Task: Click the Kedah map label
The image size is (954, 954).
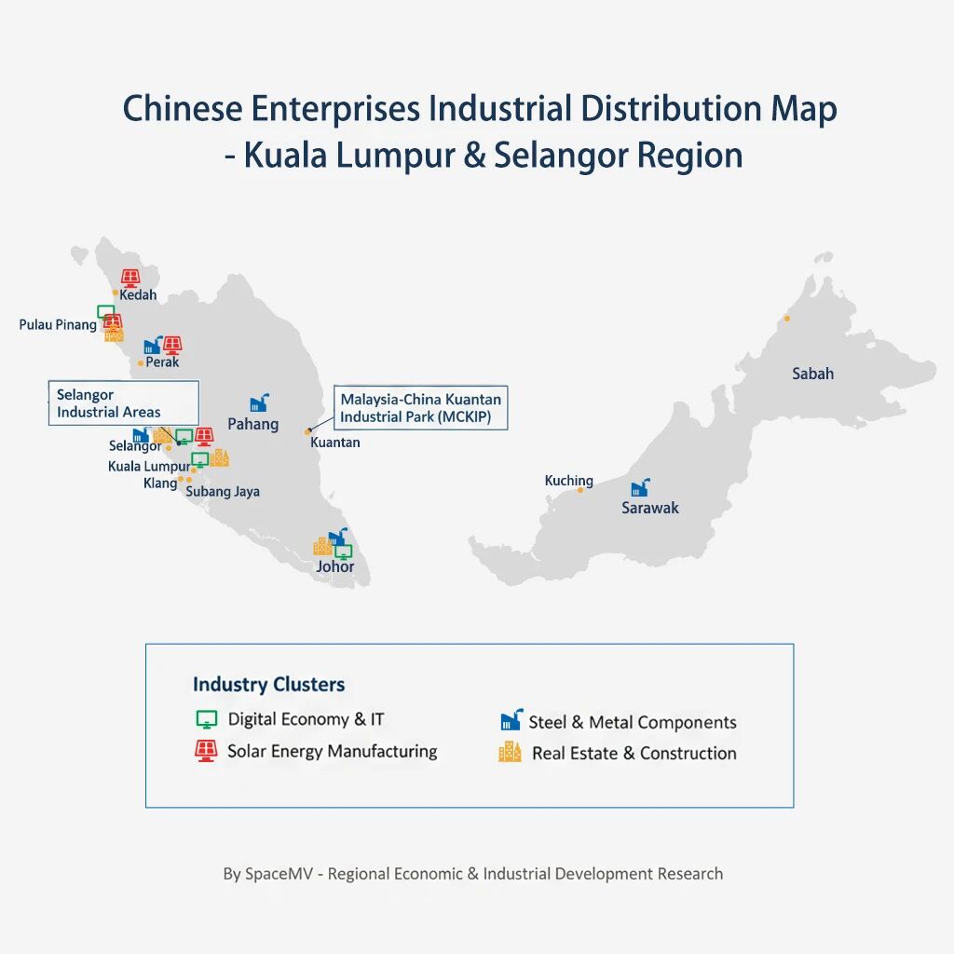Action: (138, 295)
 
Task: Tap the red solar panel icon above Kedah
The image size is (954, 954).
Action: (131, 279)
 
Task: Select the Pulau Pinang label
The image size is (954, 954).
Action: (58, 325)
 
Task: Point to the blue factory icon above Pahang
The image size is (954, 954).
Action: (259, 402)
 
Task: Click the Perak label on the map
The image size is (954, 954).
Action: (162, 361)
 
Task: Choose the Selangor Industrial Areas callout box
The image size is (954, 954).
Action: (123, 403)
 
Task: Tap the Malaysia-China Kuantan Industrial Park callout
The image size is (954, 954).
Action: (420, 407)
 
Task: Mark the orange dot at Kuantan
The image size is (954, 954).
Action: (307, 432)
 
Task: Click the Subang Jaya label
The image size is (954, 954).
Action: (223, 491)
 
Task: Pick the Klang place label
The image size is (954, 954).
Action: (159, 483)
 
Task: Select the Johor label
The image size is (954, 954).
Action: (334, 566)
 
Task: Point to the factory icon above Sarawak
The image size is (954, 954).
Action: (640, 487)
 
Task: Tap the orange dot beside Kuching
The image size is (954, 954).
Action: (580, 489)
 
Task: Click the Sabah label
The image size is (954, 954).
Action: (812, 374)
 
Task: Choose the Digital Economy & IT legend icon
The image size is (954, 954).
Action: (207, 719)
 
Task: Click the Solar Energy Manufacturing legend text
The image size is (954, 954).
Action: (332, 751)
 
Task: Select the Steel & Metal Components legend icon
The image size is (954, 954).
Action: (511, 720)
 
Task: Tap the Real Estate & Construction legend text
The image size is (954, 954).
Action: (634, 753)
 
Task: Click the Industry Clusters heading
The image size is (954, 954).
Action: (268, 685)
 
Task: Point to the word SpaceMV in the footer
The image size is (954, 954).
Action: (280, 874)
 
